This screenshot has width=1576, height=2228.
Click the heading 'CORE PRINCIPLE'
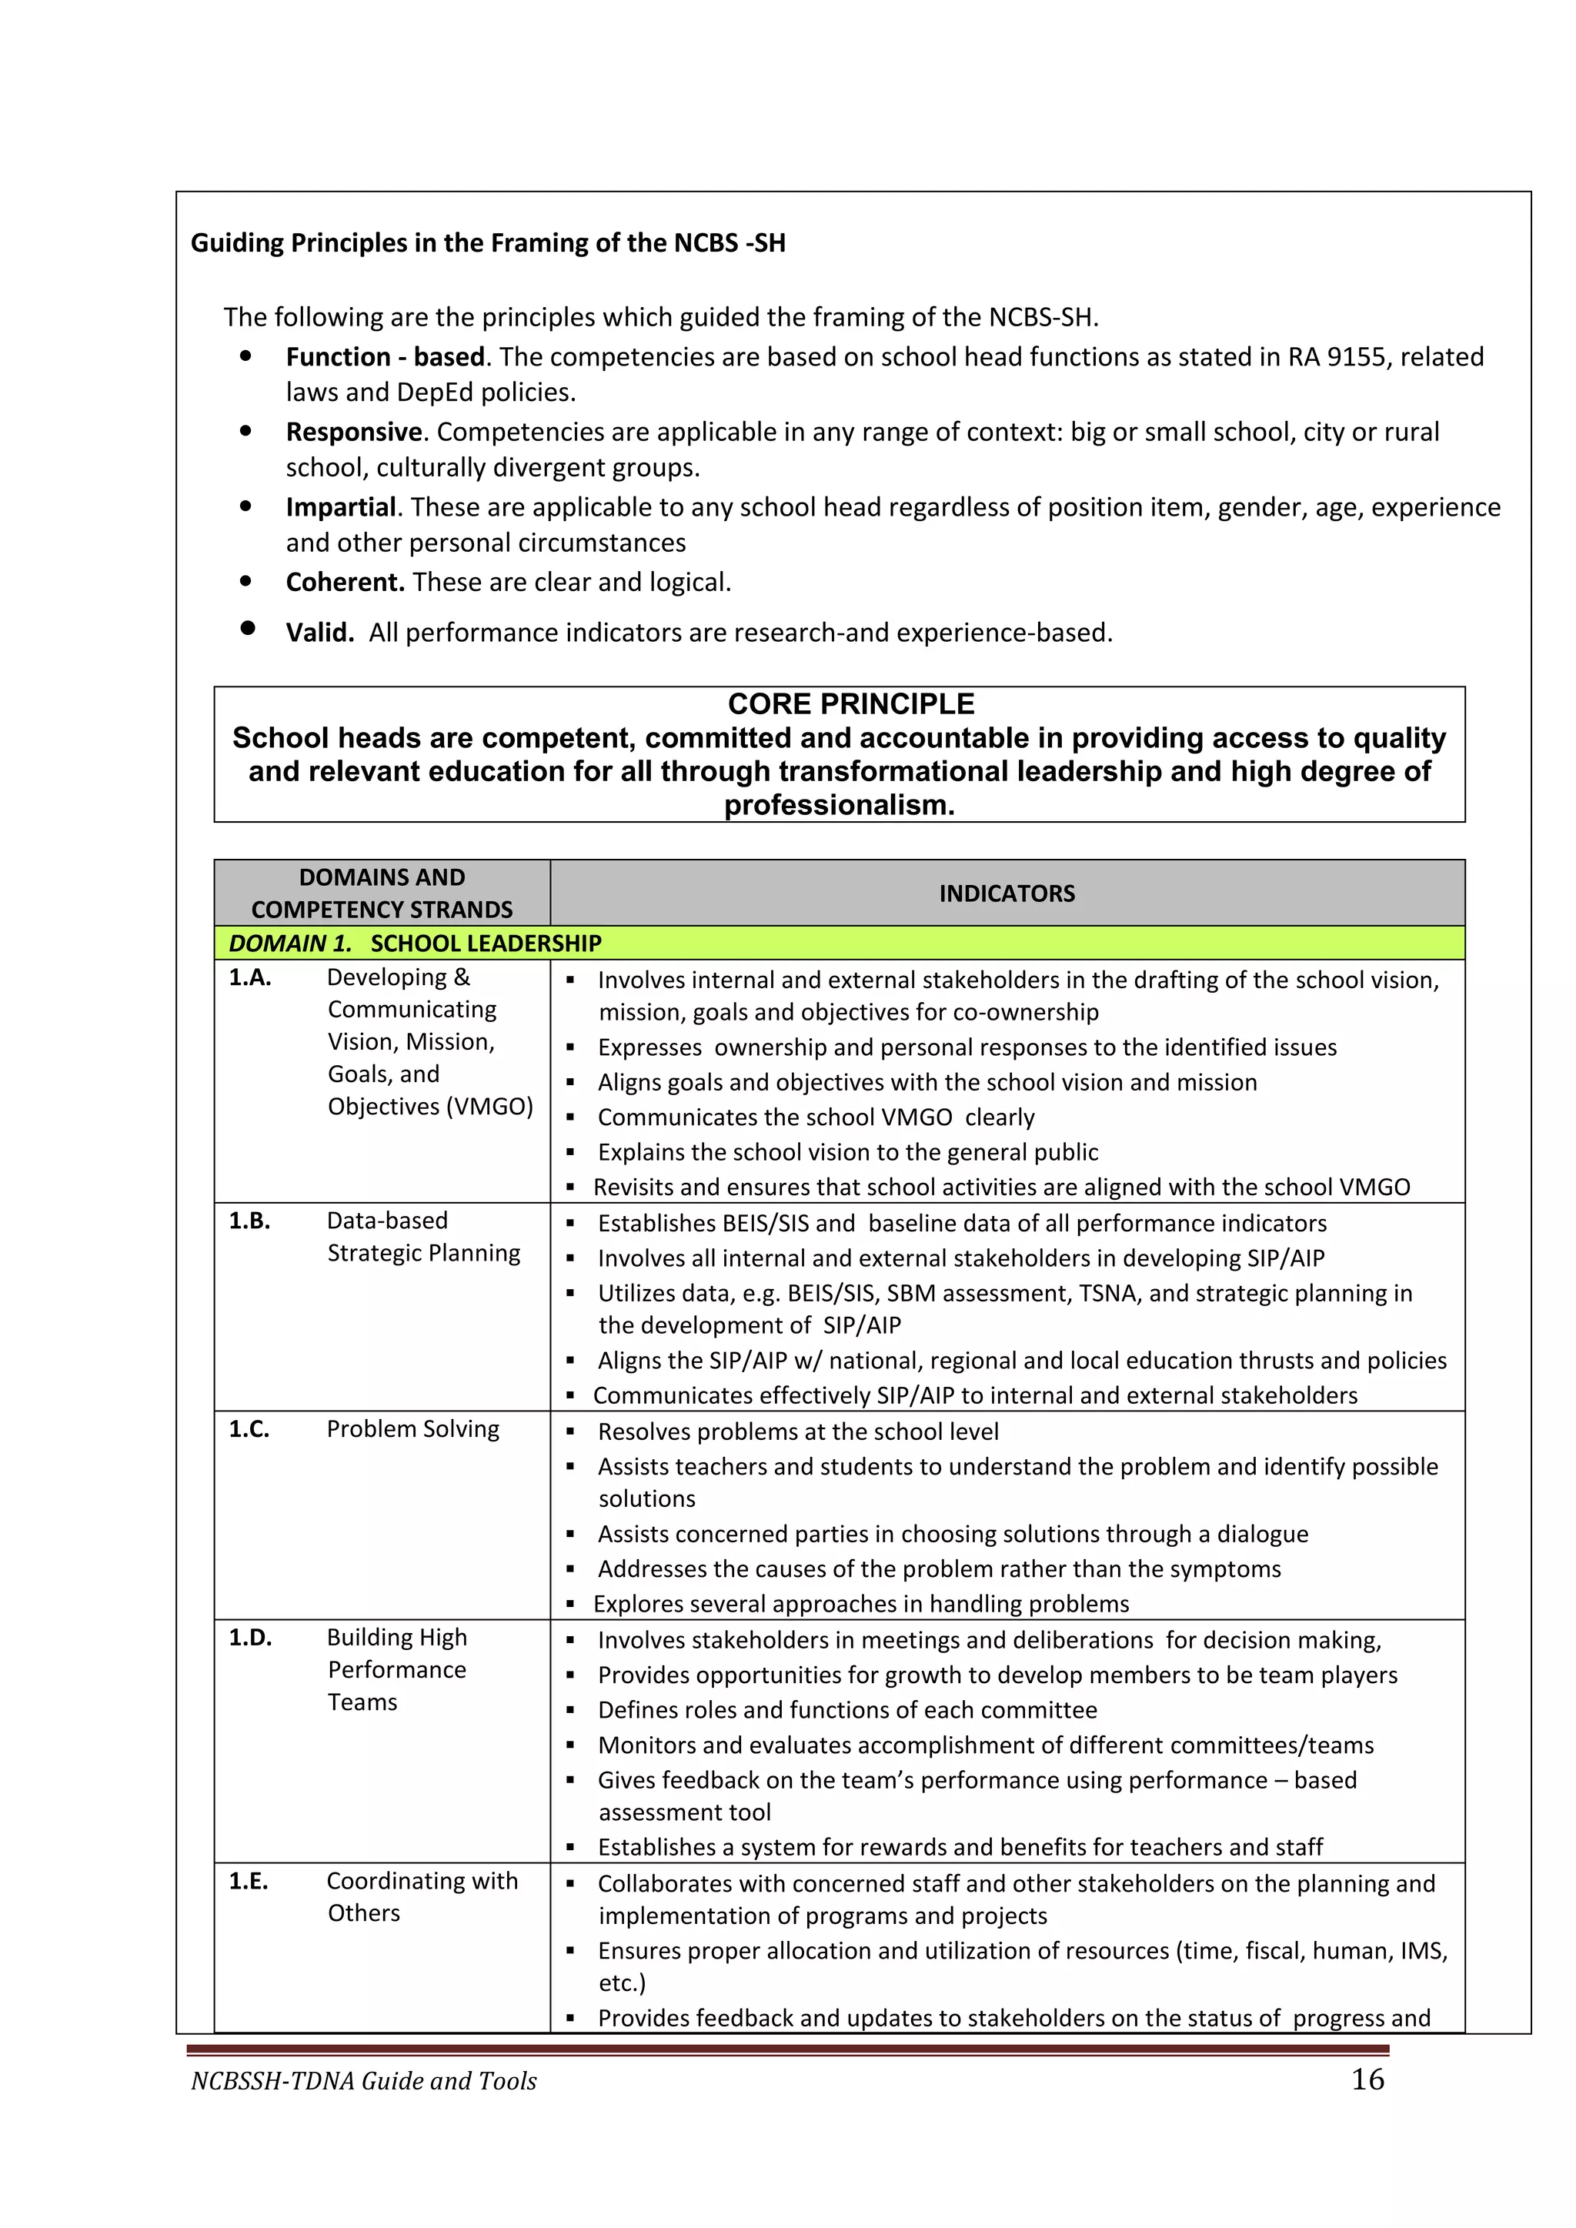pyautogui.click(x=850, y=703)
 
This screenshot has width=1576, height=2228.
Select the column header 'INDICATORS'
pyautogui.click(x=1007, y=893)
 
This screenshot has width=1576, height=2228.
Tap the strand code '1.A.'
pyautogui.click(x=249, y=977)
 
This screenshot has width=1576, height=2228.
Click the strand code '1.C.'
pyautogui.click(x=249, y=1428)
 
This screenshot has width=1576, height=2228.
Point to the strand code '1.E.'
pyautogui.click(x=249, y=1881)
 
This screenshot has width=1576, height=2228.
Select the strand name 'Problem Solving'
pyautogui.click(x=412, y=1428)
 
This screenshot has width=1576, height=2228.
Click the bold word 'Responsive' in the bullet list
pyautogui.click(x=353, y=432)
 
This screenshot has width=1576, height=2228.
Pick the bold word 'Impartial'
pyautogui.click(x=341, y=506)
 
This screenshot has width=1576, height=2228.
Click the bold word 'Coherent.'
pyautogui.click(x=345, y=583)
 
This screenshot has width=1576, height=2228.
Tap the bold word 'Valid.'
pyautogui.click(x=319, y=633)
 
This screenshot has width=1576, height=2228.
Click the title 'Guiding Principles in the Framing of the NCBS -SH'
pyautogui.click(x=487, y=242)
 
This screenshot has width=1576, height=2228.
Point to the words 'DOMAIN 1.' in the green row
pyautogui.click(x=290, y=944)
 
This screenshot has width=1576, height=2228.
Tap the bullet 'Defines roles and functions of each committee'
pyautogui.click(x=846, y=1710)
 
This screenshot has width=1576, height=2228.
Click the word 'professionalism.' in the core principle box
pyautogui.click(x=839, y=806)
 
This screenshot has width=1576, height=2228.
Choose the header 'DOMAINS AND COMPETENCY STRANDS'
pyautogui.click(x=382, y=893)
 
